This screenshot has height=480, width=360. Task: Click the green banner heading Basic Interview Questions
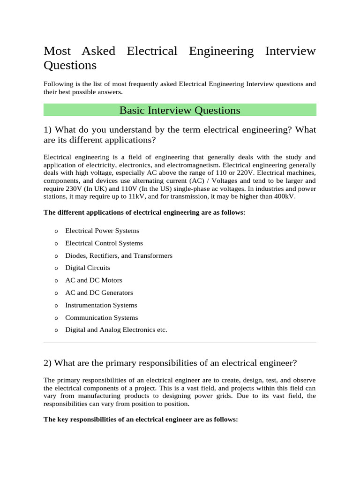(180, 110)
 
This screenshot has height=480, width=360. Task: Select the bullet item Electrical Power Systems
(102, 231)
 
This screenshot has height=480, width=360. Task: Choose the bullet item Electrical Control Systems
(104, 243)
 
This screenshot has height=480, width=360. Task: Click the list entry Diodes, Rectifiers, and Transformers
(119, 255)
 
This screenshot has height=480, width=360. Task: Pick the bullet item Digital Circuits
(87, 268)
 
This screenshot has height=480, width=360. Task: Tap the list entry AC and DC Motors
(93, 280)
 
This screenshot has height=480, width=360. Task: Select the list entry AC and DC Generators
(99, 292)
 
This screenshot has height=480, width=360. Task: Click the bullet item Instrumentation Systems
(101, 305)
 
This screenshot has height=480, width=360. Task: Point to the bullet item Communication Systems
(101, 317)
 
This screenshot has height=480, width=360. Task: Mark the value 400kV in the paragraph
(285, 196)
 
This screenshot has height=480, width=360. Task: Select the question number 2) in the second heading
(47, 363)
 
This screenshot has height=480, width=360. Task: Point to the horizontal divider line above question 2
(180, 342)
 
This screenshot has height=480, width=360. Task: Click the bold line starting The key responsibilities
(141, 420)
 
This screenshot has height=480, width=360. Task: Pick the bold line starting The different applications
(144, 213)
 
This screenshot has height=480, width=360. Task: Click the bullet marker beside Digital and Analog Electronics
(56, 330)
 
